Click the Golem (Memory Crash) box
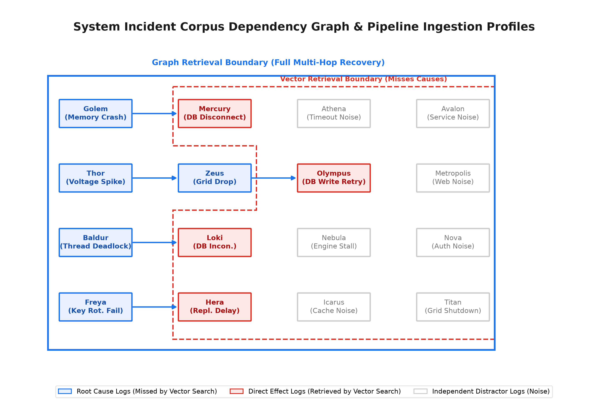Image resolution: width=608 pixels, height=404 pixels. click(96, 113)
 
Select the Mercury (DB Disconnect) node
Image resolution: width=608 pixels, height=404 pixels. click(214, 113)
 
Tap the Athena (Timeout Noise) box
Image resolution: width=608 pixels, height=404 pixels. click(334, 113)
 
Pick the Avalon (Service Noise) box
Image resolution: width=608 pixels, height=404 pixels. click(453, 113)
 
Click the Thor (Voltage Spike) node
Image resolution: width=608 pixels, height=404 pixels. click(96, 178)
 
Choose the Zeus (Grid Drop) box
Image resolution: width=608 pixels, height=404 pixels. click(214, 178)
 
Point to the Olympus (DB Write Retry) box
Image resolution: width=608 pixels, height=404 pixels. click(334, 178)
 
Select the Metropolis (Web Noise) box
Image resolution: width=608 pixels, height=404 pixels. click(453, 178)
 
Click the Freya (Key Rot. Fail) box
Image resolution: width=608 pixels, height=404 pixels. click(96, 307)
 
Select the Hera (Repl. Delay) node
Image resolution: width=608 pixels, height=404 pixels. click(214, 307)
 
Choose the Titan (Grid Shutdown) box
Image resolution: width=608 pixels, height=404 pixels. click(453, 307)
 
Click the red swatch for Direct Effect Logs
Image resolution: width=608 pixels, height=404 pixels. click(236, 391)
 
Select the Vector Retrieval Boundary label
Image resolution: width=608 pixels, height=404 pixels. click(363, 79)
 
